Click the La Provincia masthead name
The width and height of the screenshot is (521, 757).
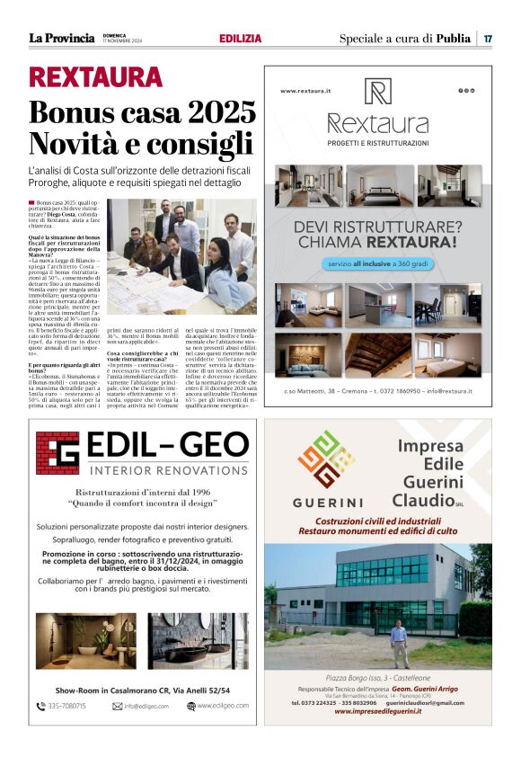(61, 38)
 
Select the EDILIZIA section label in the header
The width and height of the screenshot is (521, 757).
(240, 39)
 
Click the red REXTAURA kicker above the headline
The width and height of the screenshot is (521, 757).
(95, 77)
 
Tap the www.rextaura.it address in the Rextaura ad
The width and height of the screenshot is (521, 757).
(305, 91)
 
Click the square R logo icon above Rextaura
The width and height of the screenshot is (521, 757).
(377, 92)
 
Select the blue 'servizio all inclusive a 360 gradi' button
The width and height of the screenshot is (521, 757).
(377, 264)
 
